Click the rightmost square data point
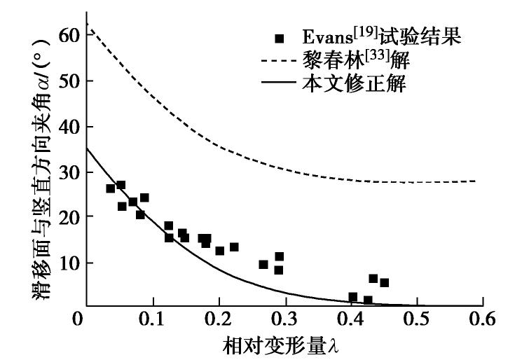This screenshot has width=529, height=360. click(384, 283)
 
